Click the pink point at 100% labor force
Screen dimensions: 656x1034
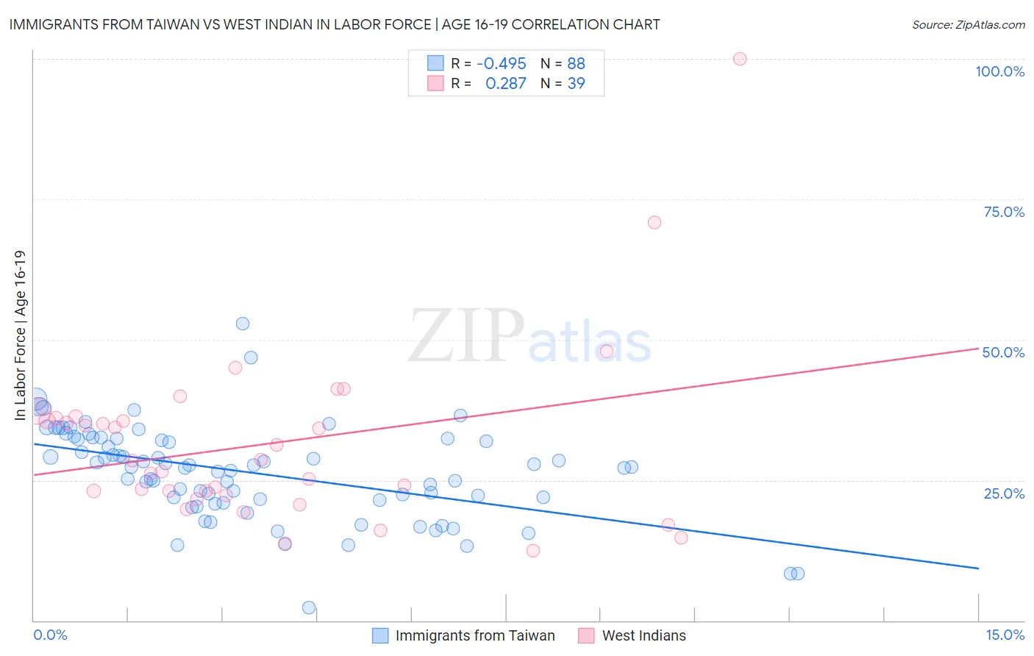coord(740,59)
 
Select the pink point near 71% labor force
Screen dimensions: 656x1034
coord(655,222)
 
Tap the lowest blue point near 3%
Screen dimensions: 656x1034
coord(309,607)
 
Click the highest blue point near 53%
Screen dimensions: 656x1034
coord(243,324)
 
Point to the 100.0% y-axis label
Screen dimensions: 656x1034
coord(999,71)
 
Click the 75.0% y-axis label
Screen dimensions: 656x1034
coord(1004,212)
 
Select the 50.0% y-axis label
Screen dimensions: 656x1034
coord(1003,352)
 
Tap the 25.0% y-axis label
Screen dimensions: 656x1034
coord(1004,493)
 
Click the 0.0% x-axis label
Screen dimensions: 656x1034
coord(50,635)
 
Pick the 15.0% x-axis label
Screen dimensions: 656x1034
coord(1005,635)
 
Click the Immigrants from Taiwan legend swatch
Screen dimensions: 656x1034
coord(380,635)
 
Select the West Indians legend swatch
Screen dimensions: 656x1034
coord(586,635)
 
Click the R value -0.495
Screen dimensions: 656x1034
coord(501,64)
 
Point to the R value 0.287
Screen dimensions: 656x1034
coord(505,84)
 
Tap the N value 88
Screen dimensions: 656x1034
coord(576,64)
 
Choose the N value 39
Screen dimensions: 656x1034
coord(576,84)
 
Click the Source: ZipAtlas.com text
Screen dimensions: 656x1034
coord(968,25)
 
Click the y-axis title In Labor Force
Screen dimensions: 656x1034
coord(20,335)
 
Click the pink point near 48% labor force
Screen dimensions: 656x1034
coord(607,351)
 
